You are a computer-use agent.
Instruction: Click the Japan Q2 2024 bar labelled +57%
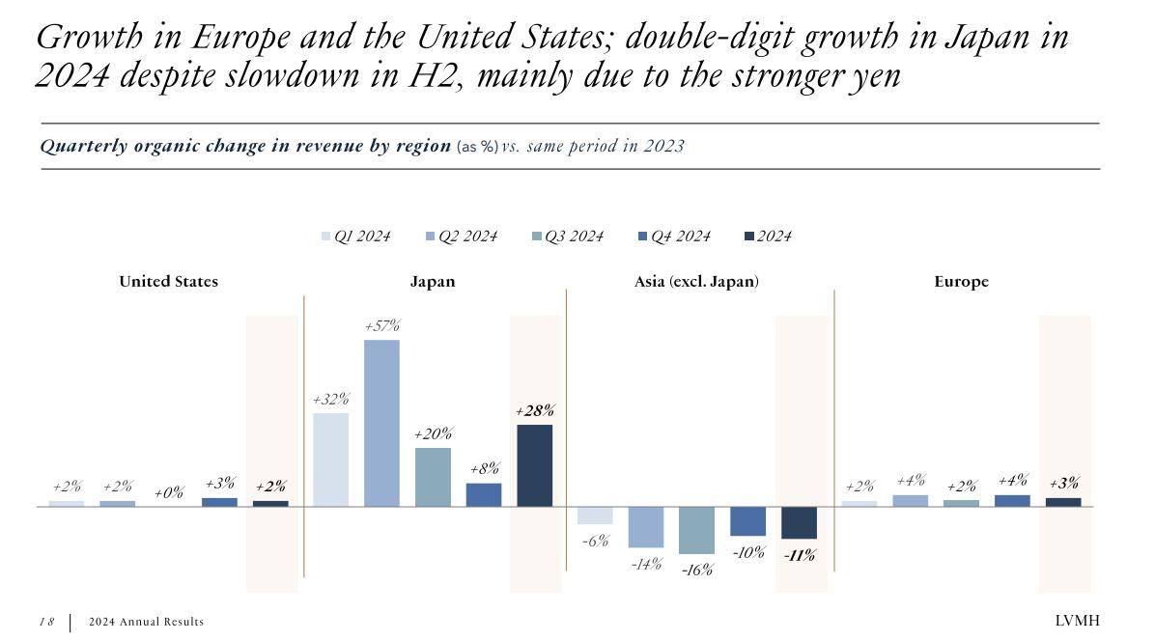[x=381, y=423]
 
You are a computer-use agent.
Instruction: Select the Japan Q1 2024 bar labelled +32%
[x=330, y=460]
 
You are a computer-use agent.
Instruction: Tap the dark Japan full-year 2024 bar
[x=535, y=465]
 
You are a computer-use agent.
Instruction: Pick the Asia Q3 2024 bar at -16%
[x=696, y=530]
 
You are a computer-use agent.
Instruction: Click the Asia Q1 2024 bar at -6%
[x=595, y=516]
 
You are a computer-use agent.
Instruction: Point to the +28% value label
[x=535, y=411]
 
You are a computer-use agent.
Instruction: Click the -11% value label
[x=799, y=556]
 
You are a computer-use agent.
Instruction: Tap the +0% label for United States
[x=169, y=493]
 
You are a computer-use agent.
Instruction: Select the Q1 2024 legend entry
[x=355, y=237]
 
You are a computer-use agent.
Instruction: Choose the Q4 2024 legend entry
[x=673, y=237]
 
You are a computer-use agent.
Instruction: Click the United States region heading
[x=169, y=282]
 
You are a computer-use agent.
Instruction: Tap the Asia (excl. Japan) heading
[x=696, y=282]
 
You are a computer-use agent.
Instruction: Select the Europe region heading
[x=961, y=282]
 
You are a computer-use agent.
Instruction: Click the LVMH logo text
[x=1077, y=621]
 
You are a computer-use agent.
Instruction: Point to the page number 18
[x=47, y=622]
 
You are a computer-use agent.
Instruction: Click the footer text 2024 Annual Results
[x=146, y=622]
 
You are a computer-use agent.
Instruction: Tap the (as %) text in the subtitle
[x=477, y=147]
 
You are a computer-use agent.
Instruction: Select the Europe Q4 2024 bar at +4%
[x=1012, y=501]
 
